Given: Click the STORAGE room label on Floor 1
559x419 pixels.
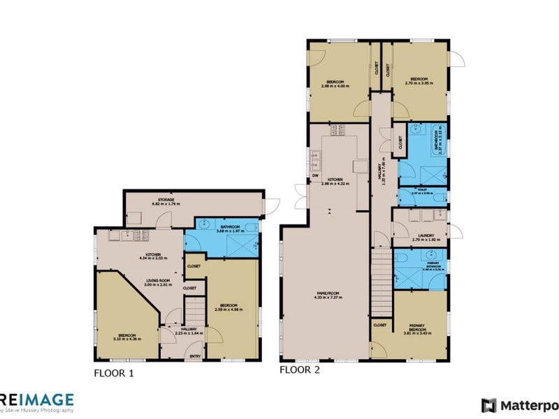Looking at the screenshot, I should tap(166, 200).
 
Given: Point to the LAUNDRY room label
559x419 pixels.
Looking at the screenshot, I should tap(426, 235).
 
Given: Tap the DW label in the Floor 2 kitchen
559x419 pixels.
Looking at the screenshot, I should tap(315, 175).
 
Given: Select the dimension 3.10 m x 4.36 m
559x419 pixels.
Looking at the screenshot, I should tap(127, 339).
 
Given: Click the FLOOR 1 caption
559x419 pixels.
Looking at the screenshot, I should tap(113, 374).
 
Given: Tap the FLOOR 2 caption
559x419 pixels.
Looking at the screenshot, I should tap(300, 370).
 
